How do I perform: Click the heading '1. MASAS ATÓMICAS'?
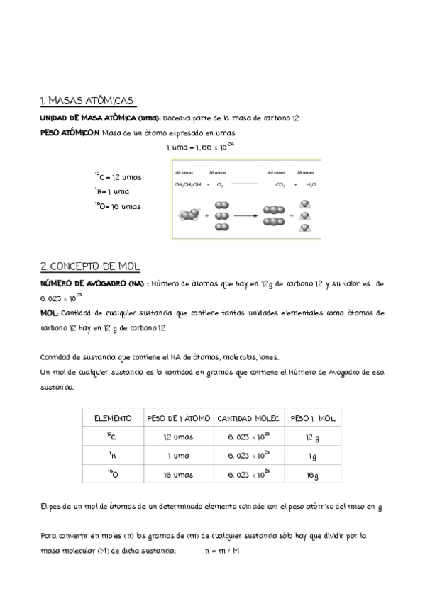[88, 101]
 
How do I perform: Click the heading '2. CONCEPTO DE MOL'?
[90, 266]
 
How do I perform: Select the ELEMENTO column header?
[113, 418]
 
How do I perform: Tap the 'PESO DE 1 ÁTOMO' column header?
[177, 418]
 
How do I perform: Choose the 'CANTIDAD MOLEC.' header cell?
[249, 418]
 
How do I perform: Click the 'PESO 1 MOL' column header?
[313, 418]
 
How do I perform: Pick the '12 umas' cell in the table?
[177, 437]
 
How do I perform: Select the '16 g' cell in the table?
[313, 476]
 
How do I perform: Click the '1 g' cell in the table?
[313, 457]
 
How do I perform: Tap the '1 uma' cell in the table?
[177, 457]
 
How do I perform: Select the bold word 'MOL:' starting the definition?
[50, 312]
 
